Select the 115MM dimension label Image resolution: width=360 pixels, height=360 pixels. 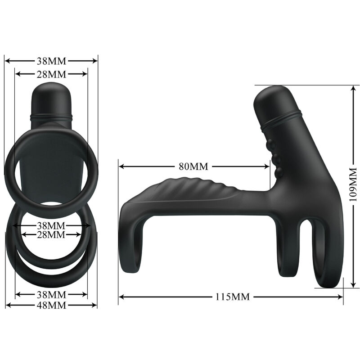coord(230,297)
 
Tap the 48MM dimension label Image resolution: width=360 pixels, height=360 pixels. coord(51,305)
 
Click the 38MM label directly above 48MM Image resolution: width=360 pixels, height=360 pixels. coord(51,295)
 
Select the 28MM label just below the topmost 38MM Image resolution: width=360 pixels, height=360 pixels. coord(51,74)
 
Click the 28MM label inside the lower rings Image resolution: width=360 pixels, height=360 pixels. coord(51,234)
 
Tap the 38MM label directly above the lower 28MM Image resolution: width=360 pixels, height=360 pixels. coord(51,225)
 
